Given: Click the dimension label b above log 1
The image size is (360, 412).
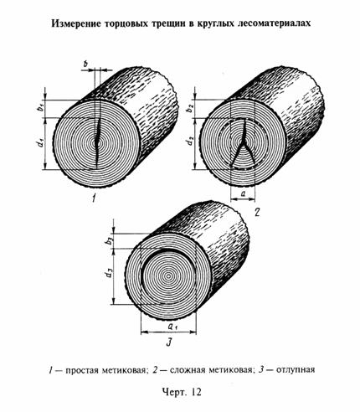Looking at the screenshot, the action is (86, 64).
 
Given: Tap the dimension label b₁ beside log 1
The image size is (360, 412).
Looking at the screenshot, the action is (41, 107).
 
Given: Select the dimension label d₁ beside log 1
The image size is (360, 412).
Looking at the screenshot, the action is (41, 142).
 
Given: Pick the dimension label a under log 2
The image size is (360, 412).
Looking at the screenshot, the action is (243, 193).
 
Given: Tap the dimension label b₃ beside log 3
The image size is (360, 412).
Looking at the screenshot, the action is (111, 240).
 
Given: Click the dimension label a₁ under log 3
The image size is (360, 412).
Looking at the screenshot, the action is (172, 326).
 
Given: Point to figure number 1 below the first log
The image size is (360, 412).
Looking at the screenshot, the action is (95, 198).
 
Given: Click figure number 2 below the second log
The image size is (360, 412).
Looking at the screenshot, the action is (257, 212).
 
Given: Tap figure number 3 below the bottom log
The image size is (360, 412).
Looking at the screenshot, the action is (168, 342).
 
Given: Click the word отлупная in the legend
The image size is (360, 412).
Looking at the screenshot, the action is (296, 370).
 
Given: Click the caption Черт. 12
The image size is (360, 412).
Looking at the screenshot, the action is (182, 392).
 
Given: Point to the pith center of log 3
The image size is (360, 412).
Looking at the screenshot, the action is (168, 276).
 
